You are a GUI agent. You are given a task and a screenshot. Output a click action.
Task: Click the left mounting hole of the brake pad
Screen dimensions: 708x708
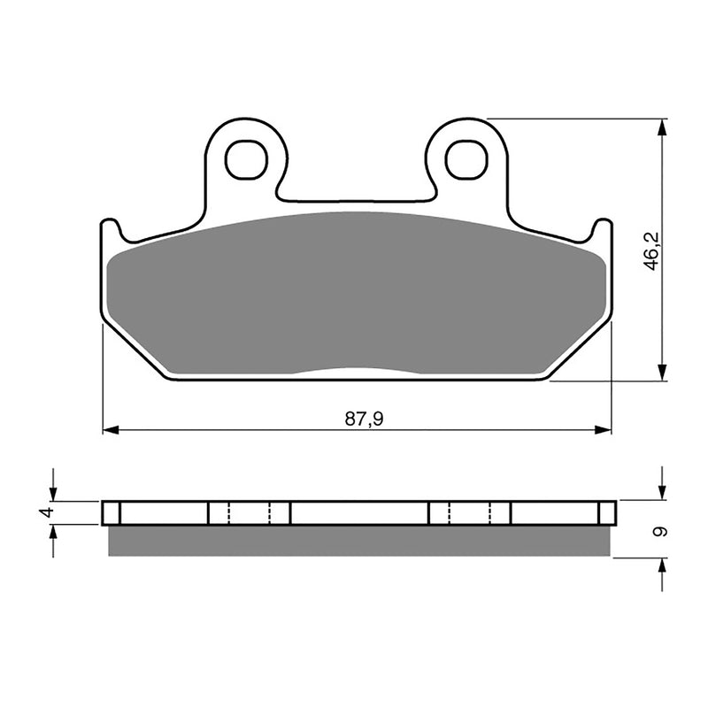coord(246,159)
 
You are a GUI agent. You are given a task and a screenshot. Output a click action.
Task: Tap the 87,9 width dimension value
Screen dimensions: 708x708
coord(364,419)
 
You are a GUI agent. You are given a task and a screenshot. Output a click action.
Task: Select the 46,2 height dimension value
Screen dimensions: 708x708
coord(652,252)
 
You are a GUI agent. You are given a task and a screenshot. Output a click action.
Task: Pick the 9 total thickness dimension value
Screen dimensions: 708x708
coord(656,532)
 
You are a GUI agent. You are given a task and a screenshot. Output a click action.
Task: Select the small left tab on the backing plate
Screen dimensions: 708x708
coord(111,233)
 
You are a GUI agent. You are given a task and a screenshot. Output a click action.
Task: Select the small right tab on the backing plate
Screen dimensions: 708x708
coord(603,233)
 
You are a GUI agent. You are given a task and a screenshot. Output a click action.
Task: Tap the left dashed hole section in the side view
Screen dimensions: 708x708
coord(249,512)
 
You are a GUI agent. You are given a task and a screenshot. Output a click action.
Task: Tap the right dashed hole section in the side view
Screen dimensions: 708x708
coord(470,512)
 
